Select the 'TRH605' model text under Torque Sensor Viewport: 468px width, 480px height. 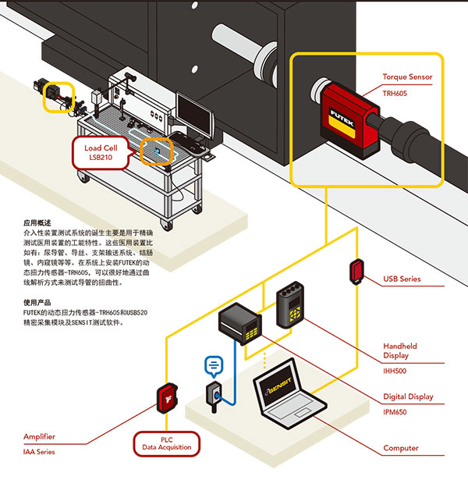tap(395, 93)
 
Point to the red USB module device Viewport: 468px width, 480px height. tap(355, 271)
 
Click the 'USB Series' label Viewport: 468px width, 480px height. tap(402, 279)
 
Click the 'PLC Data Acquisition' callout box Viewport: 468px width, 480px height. tap(167, 444)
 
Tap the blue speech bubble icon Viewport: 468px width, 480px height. tap(213, 364)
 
